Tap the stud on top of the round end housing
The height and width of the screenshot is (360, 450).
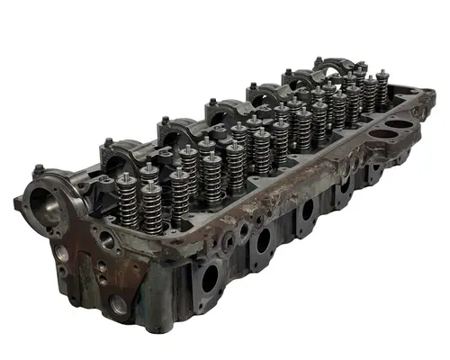(x=39, y=168)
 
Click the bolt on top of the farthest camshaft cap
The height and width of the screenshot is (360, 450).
(x=318, y=60)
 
